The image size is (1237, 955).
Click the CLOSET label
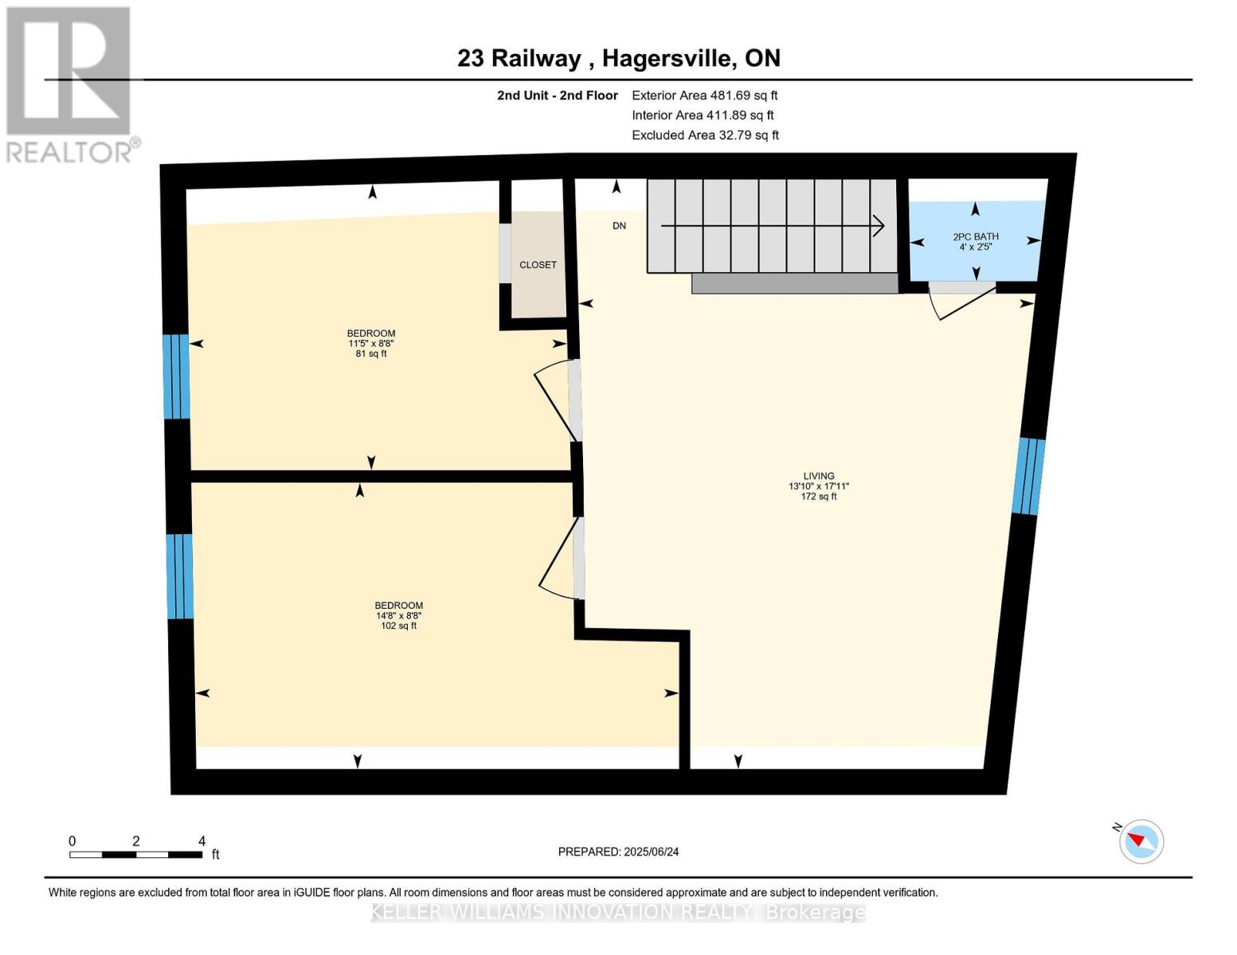(538, 265)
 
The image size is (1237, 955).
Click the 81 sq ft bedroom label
(371, 343)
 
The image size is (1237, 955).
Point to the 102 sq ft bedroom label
(398, 615)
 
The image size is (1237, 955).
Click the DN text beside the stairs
(619, 226)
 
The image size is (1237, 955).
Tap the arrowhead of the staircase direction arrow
(879, 226)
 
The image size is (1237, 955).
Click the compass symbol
(1141, 841)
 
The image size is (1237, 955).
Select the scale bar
(135, 855)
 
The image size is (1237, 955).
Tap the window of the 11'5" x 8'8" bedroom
(176, 376)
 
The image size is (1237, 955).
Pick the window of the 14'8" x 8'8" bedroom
(179, 576)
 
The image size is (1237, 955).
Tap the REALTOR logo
(69, 84)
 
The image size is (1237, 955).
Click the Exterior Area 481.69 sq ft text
(704, 95)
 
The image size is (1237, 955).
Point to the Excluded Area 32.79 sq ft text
(705, 135)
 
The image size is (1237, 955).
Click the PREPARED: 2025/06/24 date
(618, 852)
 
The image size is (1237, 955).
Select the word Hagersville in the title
(668, 58)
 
